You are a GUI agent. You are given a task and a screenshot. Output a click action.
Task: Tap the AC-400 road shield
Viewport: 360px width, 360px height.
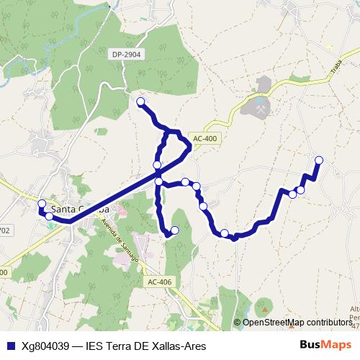pyautogui.click(x=204, y=138)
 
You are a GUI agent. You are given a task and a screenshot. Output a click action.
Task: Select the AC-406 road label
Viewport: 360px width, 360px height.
pyautogui.click(x=158, y=282)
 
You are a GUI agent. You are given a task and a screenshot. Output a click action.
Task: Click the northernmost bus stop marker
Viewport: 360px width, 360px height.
pyautogui.click(x=140, y=102)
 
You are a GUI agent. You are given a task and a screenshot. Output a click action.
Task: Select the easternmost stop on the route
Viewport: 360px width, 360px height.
pyautogui.click(x=319, y=160)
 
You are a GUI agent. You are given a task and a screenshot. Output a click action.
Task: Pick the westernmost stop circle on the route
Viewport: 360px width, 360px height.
pyautogui.click(x=42, y=204)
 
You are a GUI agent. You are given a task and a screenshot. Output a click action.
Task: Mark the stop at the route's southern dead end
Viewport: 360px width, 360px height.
pyautogui.click(x=174, y=230)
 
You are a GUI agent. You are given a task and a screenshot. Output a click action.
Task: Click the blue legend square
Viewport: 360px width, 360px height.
pyautogui.click(x=10, y=346)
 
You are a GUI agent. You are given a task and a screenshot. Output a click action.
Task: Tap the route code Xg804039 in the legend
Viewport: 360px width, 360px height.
pyautogui.click(x=45, y=346)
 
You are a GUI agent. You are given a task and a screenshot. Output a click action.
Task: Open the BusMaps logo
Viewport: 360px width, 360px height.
pyautogui.click(x=325, y=345)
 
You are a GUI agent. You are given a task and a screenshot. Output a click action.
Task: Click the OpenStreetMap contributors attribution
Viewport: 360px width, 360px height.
pyautogui.click(x=297, y=323)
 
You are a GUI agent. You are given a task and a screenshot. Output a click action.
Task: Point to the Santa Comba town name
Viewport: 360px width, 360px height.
pyautogui.click(x=85, y=209)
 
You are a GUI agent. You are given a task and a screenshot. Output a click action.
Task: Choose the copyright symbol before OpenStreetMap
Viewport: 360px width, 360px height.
pyautogui.click(x=238, y=323)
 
